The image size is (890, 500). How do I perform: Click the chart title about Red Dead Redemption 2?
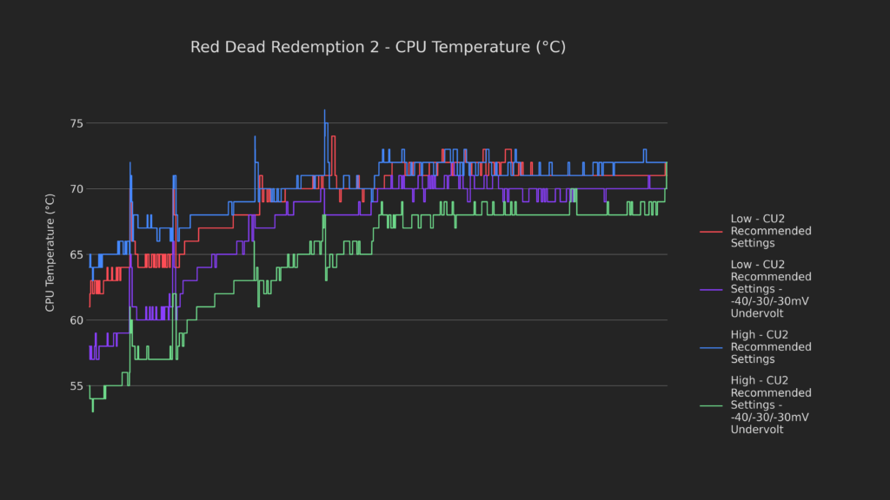pyautogui.click(x=378, y=47)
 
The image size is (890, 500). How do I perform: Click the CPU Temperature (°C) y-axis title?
pyautogui.click(x=50, y=253)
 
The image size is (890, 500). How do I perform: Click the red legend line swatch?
pyautogui.click(x=711, y=232)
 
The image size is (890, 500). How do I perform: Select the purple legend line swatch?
pyautogui.click(x=711, y=289)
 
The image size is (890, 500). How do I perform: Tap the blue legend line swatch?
pyautogui.click(x=711, y=347)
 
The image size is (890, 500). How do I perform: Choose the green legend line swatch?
pyautogui.click(x=711, y=405)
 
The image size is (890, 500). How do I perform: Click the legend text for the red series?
pyautogui.click(x=770, y=232)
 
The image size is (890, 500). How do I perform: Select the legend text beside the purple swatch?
pyautogui.click(x=770, y=289)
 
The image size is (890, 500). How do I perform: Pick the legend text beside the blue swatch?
pyautogui.click(x=770, y=347)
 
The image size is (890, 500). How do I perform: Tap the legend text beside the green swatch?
pyautogui.click(x=770, y=405)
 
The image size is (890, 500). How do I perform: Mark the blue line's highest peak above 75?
pyautogui.click(x=325, y=110)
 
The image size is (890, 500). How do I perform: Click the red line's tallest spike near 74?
pyautogui.click(x=333, y=136)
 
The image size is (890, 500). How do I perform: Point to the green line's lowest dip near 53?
pyautogui.click(x=93, y=411)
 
